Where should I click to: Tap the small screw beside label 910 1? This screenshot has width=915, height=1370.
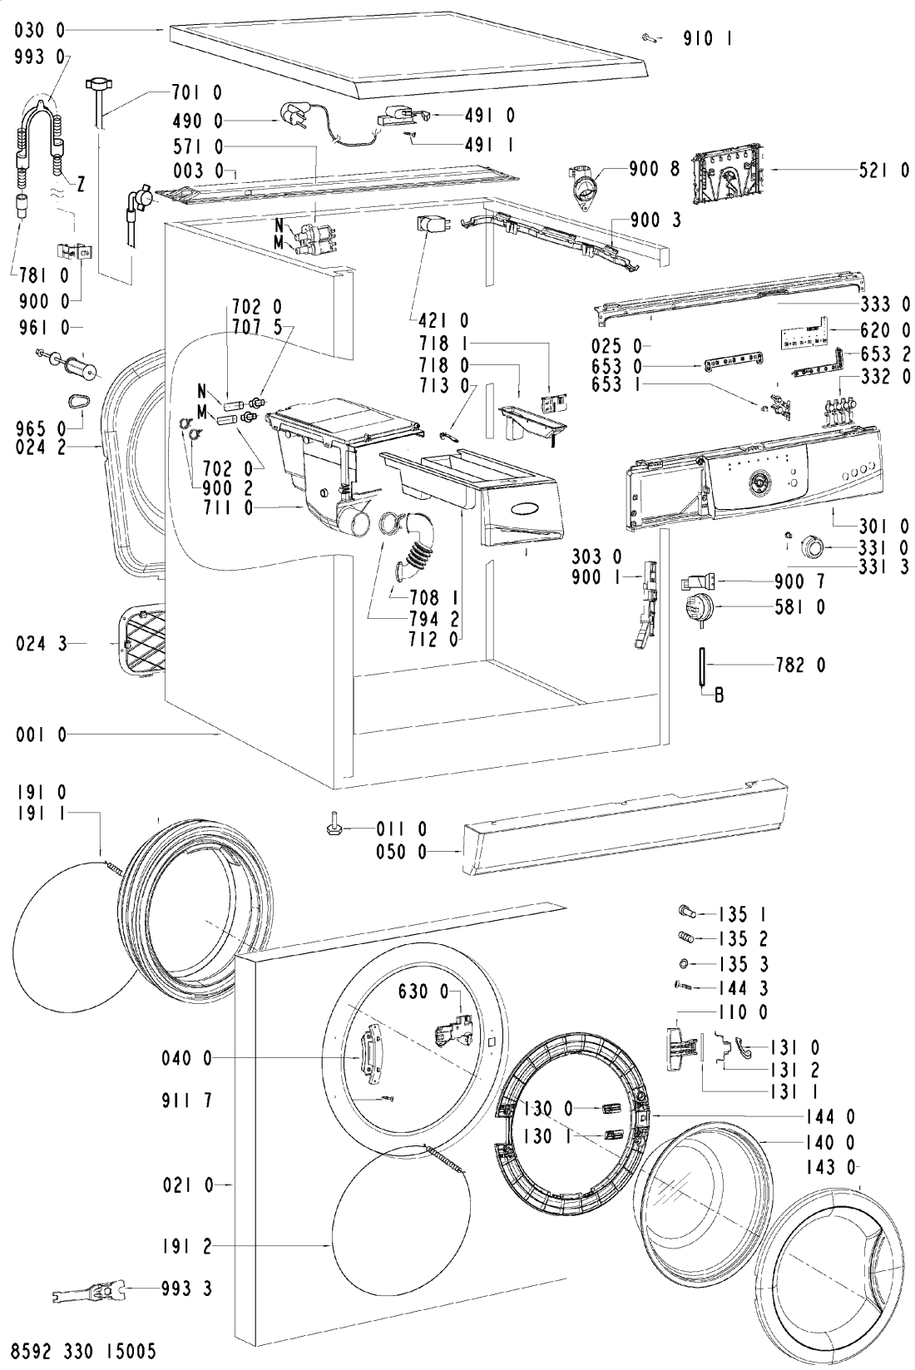click(649, 38)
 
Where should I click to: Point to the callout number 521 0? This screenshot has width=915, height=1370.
click(883, 171)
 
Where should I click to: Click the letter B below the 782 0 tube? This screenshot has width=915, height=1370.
click(720, 695)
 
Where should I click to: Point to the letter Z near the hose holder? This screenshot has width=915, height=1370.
click(81, 184)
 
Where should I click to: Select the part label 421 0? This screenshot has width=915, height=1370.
click(443, 320)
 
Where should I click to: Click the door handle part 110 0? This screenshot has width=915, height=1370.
click(681, 1049)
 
